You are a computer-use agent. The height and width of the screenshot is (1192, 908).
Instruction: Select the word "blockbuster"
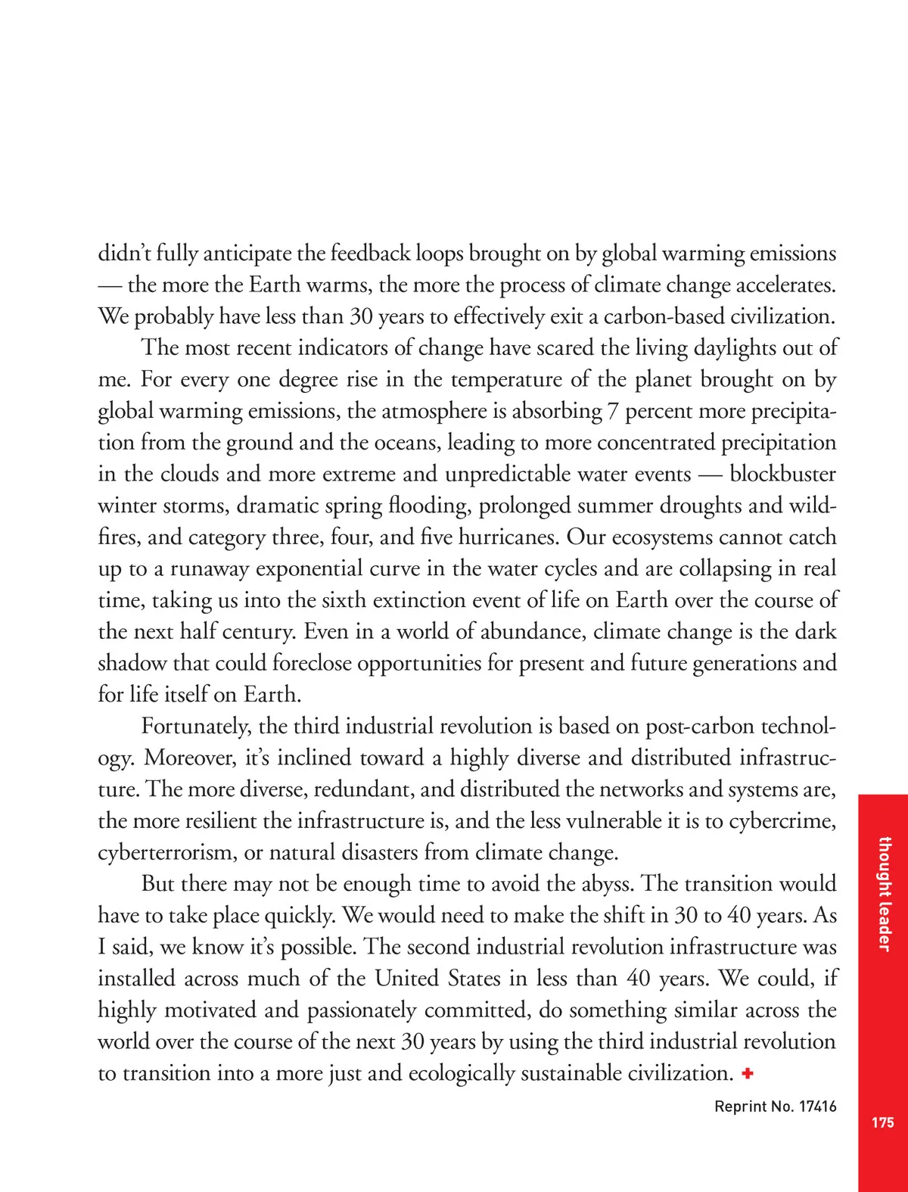click(782, 475)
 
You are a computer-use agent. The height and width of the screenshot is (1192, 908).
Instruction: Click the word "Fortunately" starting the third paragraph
click(196, 727)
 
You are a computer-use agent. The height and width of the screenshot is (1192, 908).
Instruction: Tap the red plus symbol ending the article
click(748, 1073)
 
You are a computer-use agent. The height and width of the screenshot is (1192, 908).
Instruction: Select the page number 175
click(882, 1123)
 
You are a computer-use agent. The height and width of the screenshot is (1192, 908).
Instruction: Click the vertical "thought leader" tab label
click(883, 894)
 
